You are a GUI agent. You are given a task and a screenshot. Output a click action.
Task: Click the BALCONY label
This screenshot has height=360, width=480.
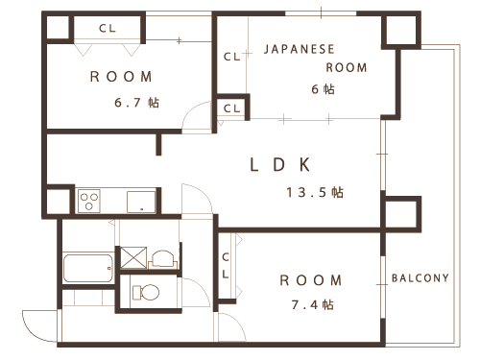(x=420, y=277)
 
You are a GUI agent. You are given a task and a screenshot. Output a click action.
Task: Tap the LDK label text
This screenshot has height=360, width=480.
(x=280, y=165)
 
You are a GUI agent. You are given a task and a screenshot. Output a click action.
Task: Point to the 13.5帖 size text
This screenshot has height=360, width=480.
(x=315, y=192)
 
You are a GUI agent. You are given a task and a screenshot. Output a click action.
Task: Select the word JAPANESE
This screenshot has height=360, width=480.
(x=300, y=49)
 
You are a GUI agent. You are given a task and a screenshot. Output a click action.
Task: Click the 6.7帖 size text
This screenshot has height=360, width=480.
(x=136, y=103)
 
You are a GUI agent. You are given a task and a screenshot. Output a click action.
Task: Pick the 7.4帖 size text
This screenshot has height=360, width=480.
(x=313, y=304)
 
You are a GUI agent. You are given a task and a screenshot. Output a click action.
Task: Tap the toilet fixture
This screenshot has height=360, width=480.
(x=146, y=292)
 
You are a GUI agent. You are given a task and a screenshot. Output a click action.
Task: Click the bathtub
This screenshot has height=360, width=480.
(x=88, y=268)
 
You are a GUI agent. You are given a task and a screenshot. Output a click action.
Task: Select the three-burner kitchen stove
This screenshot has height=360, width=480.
(x=89, y=202)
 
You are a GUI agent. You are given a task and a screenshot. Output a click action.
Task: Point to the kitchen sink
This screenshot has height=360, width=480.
(x=141, y=202)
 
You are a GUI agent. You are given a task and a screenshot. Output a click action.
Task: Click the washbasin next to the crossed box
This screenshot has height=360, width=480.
(x=163, y=259)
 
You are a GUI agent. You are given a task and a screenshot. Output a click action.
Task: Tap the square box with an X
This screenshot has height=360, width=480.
(x=133, y=257)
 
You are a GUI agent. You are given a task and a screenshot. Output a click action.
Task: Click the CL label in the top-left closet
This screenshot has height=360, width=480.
(x=108, y=28)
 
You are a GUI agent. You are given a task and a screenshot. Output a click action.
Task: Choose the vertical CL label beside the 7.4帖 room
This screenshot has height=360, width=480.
(x=226, y=266)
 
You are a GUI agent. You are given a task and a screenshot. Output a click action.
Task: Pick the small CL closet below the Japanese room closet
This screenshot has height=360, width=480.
(x=231, y=108)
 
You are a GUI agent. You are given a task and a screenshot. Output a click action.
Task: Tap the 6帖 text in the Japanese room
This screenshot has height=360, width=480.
(x=323, y=89)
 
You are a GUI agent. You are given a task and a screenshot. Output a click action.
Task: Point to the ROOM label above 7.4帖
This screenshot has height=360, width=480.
(x=311, y=280)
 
